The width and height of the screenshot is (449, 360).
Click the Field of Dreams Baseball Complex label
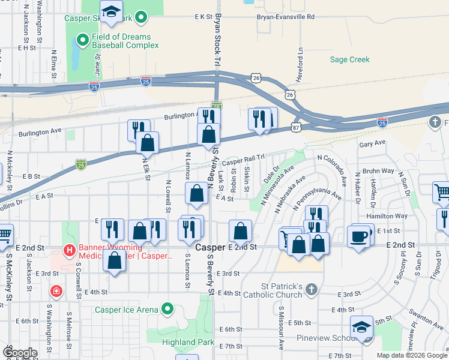(121, 41)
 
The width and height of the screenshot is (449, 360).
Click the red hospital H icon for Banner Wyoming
(69, 250)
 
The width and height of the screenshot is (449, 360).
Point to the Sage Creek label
(350, 59)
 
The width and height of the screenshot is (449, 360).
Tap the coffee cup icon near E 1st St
(358, 236)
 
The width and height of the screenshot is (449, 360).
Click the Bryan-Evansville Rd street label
(285, 17)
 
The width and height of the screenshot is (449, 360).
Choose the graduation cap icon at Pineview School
(361, 327)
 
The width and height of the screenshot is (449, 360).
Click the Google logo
(19, 352)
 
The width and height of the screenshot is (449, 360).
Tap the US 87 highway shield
(297, 127)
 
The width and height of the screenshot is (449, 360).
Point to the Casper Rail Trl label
(243, 160)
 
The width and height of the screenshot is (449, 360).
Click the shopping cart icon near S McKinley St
(3, 235)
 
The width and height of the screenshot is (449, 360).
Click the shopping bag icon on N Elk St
(147, 143)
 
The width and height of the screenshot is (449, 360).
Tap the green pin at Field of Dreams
(82, 41)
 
